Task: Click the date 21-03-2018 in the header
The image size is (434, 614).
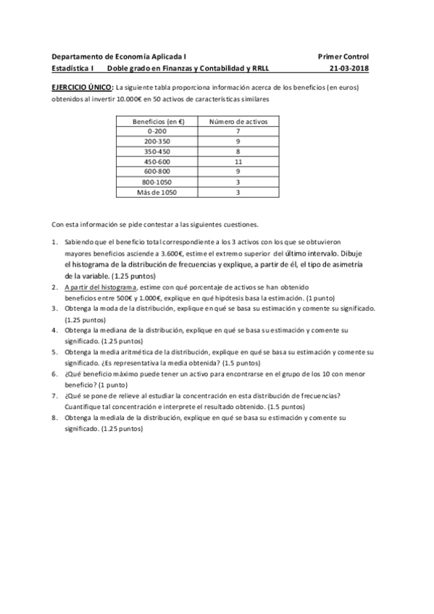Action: (349, 70)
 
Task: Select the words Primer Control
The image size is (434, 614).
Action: (343, 56)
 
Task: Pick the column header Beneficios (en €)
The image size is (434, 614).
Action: (157, 121)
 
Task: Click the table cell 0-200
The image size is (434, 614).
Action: (157, 131)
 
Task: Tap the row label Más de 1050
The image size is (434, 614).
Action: (157, 193)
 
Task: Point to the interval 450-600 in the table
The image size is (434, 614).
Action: (157, 162)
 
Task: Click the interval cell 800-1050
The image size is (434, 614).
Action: (157, 183)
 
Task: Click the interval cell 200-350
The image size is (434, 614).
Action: (157, 142)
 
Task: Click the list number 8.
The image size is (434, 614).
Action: (54, 418)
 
